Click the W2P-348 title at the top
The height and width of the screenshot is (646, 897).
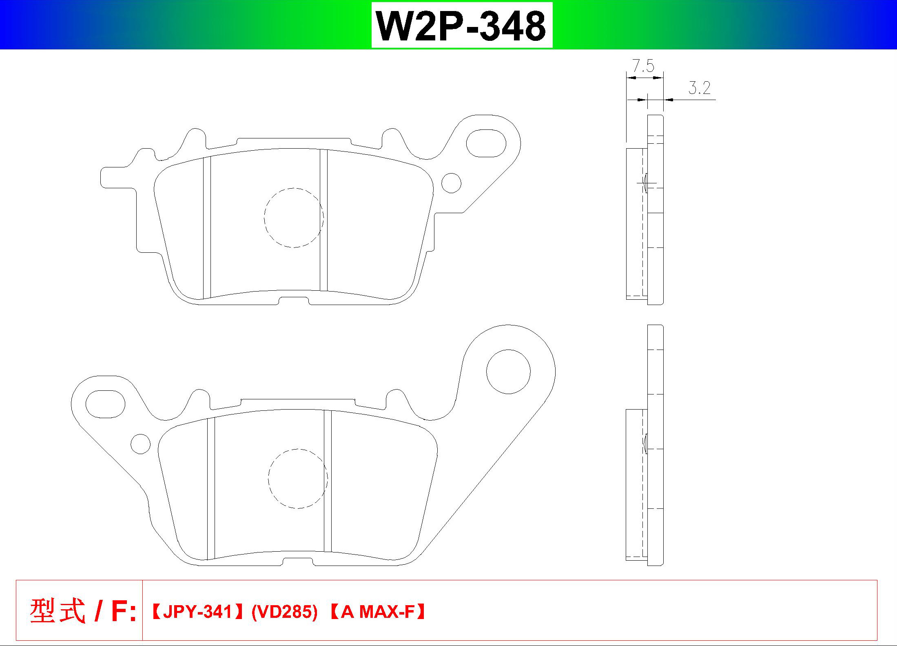(461, 25)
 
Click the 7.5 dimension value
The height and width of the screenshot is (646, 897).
(643, 66)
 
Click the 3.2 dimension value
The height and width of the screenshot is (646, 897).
(700, 88)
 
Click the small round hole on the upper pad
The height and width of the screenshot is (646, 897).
(451, 183)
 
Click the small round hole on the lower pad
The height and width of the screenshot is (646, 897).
(140, 444)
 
